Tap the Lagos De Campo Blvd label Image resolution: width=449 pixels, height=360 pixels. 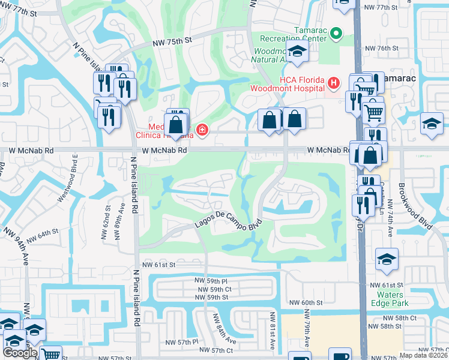[x=228, y=223]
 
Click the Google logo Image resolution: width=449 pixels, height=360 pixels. [x=20, y=352]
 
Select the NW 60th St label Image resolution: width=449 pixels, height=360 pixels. [x=306, y=303]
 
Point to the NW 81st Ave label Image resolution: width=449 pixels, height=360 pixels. [x=272, y=331]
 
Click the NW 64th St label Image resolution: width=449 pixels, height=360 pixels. [x=43, y=235]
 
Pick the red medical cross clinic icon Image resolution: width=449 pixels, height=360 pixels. [x=202, y=130]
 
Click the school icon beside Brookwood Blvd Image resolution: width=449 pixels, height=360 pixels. [x=432, y=124]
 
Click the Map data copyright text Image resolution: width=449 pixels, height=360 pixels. [x=424, y=355]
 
